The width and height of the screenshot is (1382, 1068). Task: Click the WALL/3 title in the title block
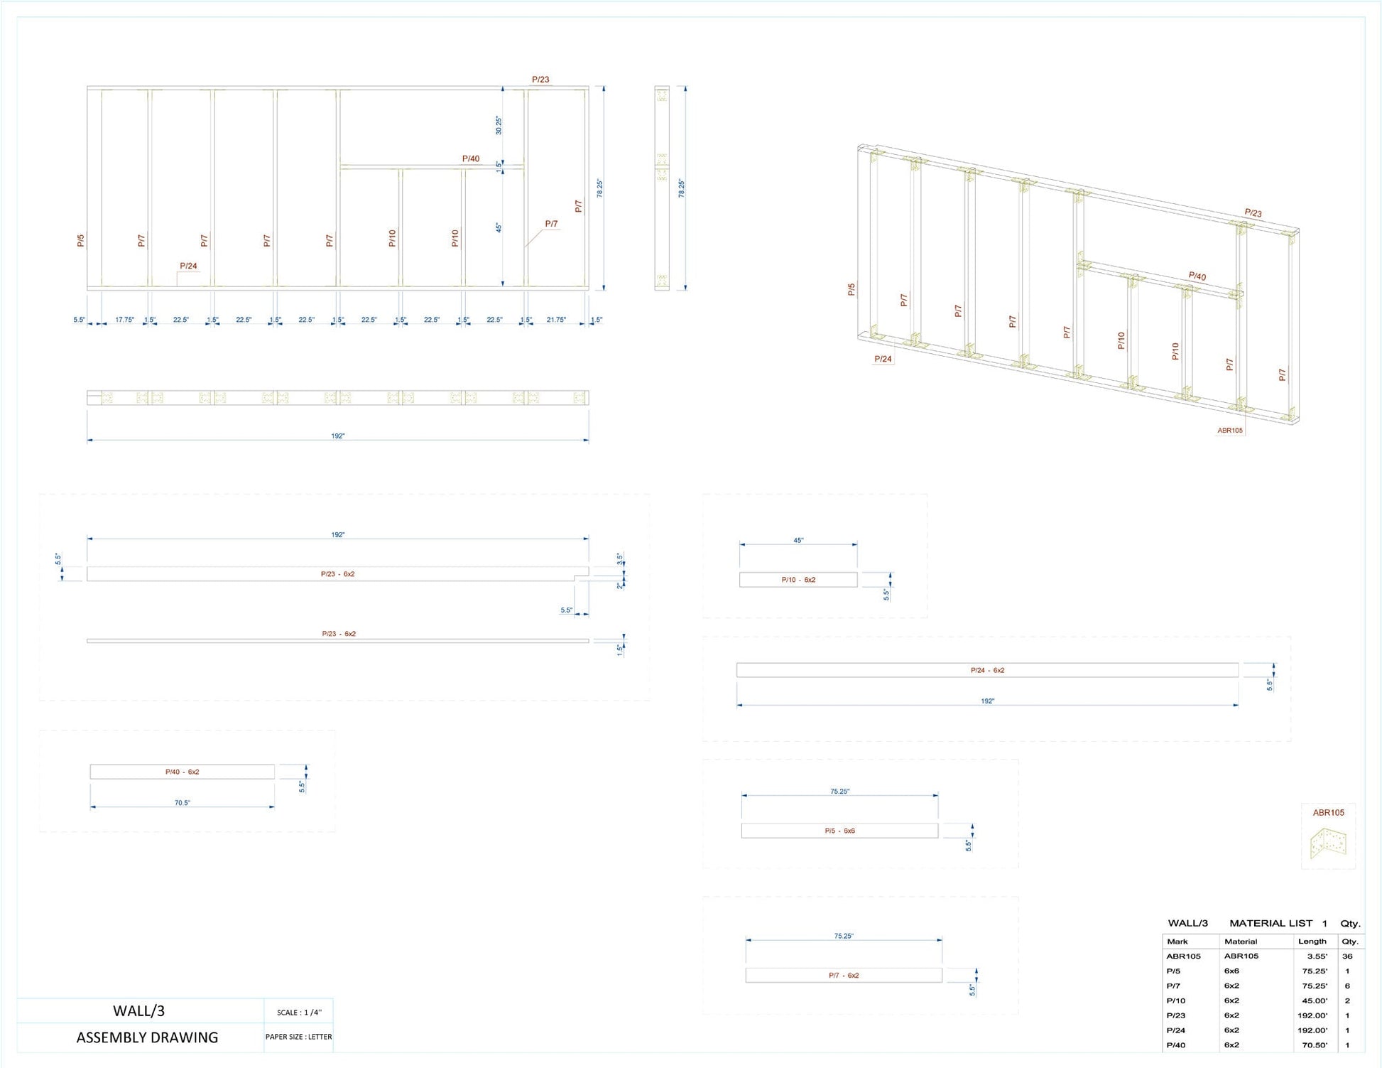138,1010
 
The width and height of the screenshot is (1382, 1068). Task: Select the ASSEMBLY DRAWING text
147,1037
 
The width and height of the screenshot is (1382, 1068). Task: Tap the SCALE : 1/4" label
299,1012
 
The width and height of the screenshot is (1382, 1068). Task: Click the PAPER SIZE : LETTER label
298,1037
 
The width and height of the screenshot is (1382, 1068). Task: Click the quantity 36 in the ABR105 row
1347,956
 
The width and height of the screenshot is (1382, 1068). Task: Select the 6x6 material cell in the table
1231,971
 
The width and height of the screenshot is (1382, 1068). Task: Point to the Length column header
1312,942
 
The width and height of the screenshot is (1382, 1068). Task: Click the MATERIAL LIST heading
1271,923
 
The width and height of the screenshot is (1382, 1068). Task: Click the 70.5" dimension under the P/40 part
183,803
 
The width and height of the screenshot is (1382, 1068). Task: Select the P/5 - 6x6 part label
839,831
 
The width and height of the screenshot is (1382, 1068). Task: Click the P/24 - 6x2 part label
987,670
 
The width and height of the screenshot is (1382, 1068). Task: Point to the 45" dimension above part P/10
798,541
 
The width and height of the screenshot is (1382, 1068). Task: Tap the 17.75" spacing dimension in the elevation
124,320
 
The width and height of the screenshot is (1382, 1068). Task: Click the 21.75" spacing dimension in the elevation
556,320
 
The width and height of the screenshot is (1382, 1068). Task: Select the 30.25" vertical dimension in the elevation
499,125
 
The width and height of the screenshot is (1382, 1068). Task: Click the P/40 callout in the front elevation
471,159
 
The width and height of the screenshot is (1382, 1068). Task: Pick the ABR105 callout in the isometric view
1230,430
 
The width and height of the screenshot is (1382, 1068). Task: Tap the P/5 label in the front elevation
81,241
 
